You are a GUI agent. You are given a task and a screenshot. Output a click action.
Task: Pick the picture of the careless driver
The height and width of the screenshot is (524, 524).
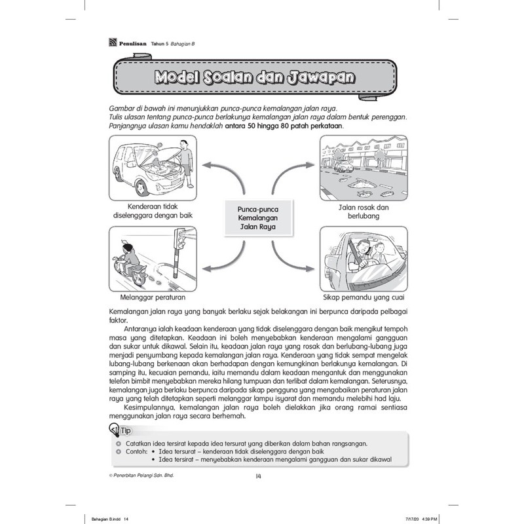365,257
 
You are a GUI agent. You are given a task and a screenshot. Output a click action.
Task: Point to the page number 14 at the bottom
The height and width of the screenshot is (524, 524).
259,476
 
